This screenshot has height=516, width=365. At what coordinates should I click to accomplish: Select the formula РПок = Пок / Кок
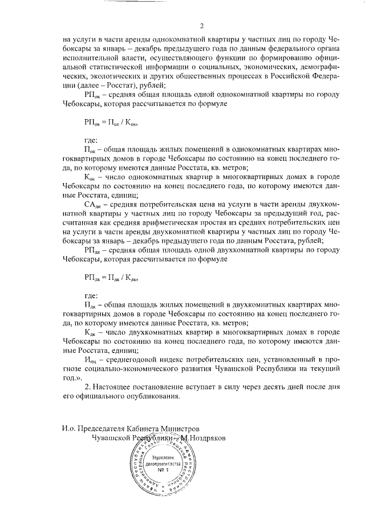pos(111,122)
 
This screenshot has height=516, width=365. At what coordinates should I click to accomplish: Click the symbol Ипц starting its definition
pos(92,358)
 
